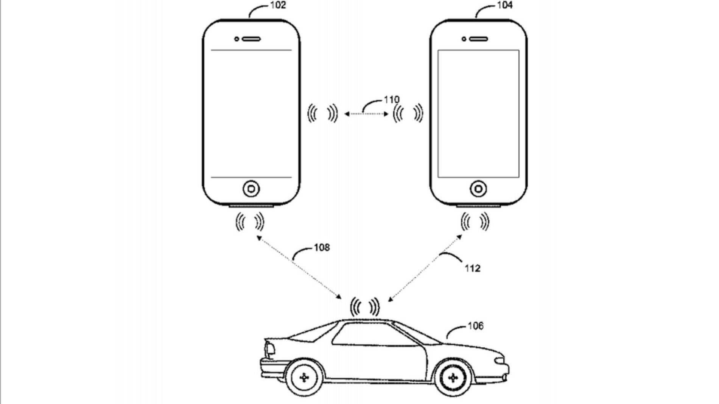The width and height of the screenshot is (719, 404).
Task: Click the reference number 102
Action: pyautogui.click(x=278, y=5)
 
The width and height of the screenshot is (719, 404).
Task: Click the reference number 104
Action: pyautogui.click(x=505, y=5)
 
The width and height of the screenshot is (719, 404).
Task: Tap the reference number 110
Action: pyautogui.click(x=391, y=100)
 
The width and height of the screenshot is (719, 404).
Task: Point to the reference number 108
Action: pyautogui.click(x=322, y=248)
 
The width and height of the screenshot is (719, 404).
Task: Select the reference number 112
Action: pyautogui.click(x=473, y=268)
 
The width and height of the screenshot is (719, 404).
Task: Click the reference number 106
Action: pyautogui.click(x=475, y=326)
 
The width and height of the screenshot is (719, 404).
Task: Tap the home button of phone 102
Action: pyautogui.click(x=251, y=189)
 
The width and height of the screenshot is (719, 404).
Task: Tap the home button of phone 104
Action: pyautogui.click(x=478, y=189)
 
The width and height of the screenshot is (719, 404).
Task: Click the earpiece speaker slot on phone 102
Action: pyautogui.click(x=251, y=39)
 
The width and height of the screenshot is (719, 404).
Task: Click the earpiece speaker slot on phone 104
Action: pyautogui.click(x=478, y=39)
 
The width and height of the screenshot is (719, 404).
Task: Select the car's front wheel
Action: pyautogui.click(x=453, y=378)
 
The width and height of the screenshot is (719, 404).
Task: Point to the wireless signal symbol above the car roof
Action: pyautogui.click(x=365, y=307)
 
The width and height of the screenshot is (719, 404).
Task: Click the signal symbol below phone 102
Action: pyautogui.click(x=250, y=222)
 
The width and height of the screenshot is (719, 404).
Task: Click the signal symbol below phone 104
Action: pyautogui.click(x=475, y=222)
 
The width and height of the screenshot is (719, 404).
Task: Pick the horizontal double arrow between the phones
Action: pyautogui.click(x=366, y=114)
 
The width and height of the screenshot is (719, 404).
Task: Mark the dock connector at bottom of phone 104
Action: pyautogui.click(x=478, y=206)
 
